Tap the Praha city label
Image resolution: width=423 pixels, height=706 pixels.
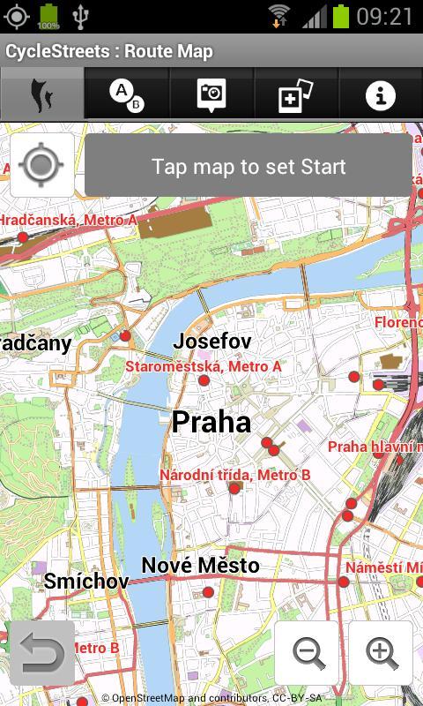pos(211,422)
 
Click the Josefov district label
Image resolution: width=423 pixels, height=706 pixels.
pos(212,341)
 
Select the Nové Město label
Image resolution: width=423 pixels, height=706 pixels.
pos(201,565)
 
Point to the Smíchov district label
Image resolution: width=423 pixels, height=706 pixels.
pos(86,581)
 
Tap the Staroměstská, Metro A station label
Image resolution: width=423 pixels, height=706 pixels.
pos(204,365)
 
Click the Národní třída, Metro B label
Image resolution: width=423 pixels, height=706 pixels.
pos(235,475)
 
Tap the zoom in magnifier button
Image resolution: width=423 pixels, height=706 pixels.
pos(382,653)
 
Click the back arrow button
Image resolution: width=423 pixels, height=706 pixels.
pos(41,654)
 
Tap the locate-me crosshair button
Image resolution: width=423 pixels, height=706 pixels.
pos(41,165)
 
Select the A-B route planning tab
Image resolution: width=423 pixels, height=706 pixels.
pos(126,94)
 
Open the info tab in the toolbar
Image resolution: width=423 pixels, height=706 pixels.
pos(381,94)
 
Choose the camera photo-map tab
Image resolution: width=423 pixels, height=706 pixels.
pos(211,94)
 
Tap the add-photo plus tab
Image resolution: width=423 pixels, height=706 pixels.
pos(296,94)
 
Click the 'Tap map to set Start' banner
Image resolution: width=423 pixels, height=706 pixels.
pos(249,166)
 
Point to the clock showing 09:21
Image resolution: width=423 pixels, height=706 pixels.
pos(385,16)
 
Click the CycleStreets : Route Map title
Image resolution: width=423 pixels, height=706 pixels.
pos(109,51)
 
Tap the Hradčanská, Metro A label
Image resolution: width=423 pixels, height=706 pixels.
pos(69,220)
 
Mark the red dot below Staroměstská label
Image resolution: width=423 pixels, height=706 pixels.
pos(204,380)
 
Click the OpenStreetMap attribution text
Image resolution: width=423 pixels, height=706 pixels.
pos(211,698)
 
